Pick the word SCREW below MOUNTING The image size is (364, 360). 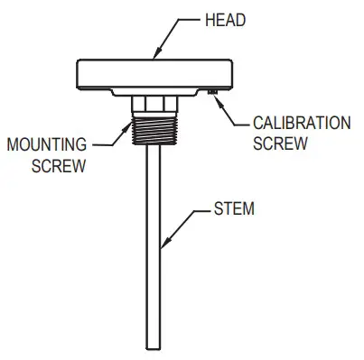point(61,166)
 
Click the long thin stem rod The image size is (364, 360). point(154,271)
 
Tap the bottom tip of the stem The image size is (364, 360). point(154,346)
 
